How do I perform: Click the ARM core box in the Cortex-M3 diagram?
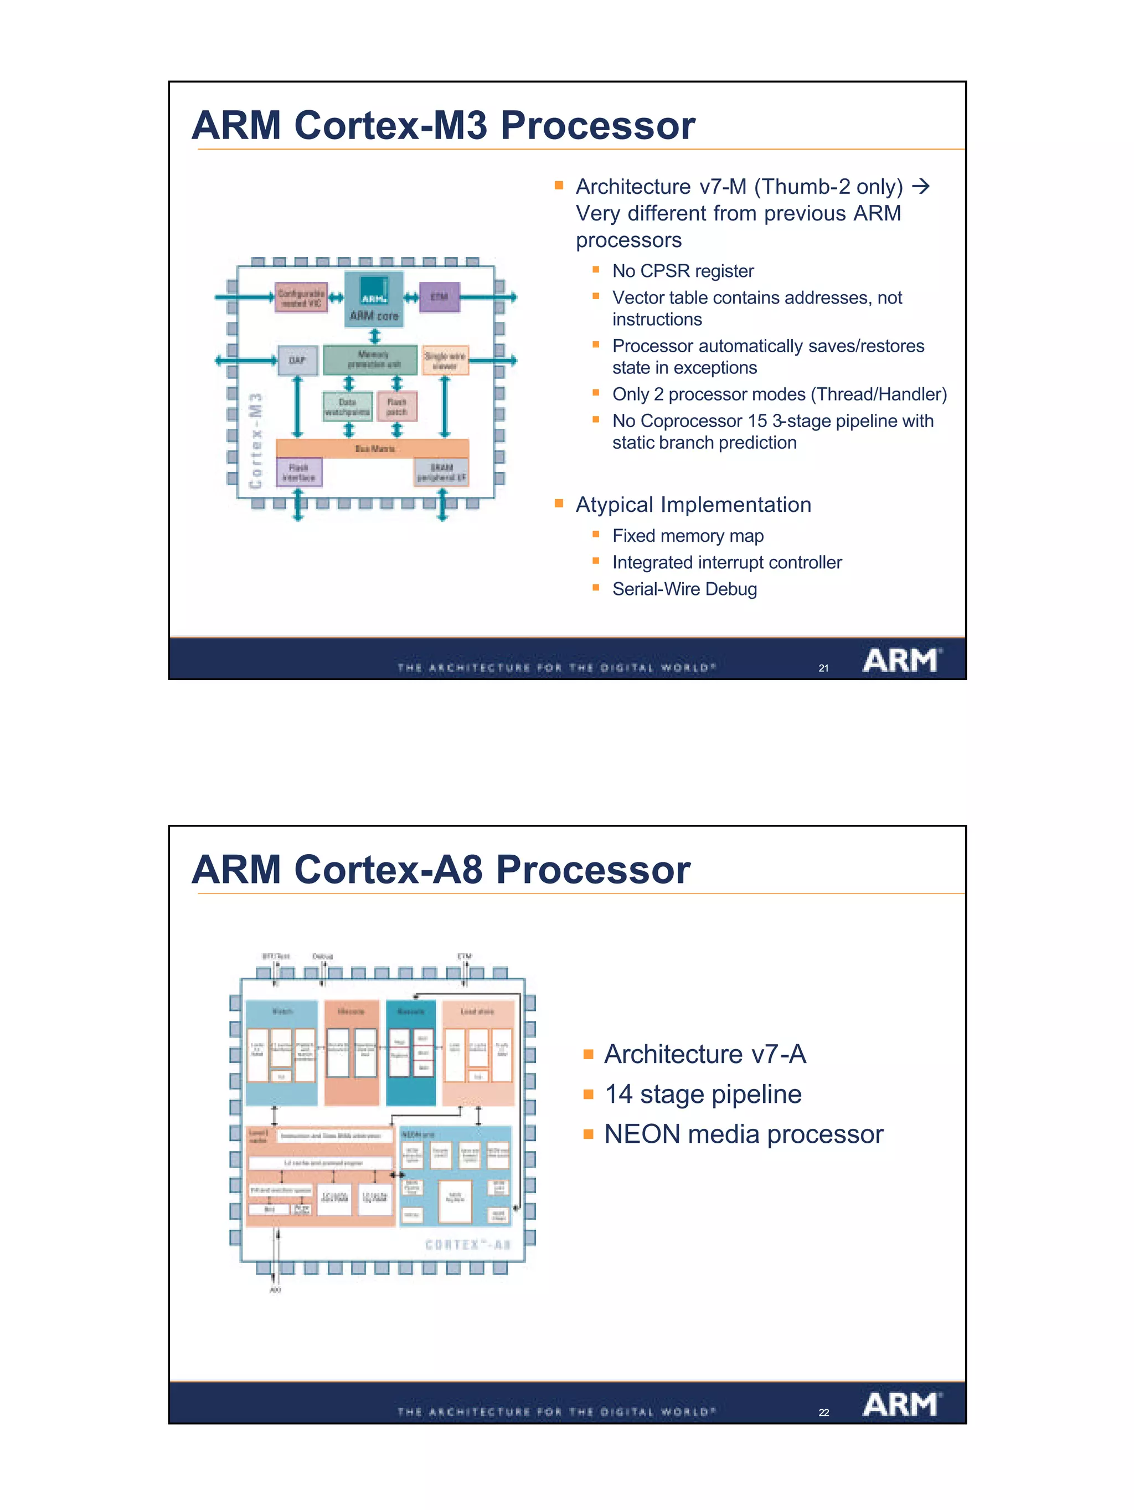click(x=373, y=300)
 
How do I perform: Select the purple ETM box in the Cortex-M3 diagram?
click(x=439, y=297)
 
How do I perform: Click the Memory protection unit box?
click(x=370, y=359)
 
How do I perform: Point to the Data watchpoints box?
click(x=347, y=407)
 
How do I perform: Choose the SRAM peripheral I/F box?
click(x=441, y=472)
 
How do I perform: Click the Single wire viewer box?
click(x=445, y=361)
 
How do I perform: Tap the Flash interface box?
click(x=299, y=472)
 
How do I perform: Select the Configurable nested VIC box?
click(x=301, y=297)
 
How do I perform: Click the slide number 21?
click(x=823, y=668)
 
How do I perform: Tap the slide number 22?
click(x=823, y=1413)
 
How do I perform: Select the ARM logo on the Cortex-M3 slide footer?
click(x=901, y=661)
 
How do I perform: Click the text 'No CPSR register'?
click(x=682, y=271)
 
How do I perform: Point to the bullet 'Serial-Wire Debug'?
click(x=684, y=589)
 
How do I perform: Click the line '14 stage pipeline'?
click(x=703, y=1094)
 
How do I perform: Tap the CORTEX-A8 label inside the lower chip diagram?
click(x=467, y=1245)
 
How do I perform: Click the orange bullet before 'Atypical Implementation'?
click(x=559, y=504)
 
